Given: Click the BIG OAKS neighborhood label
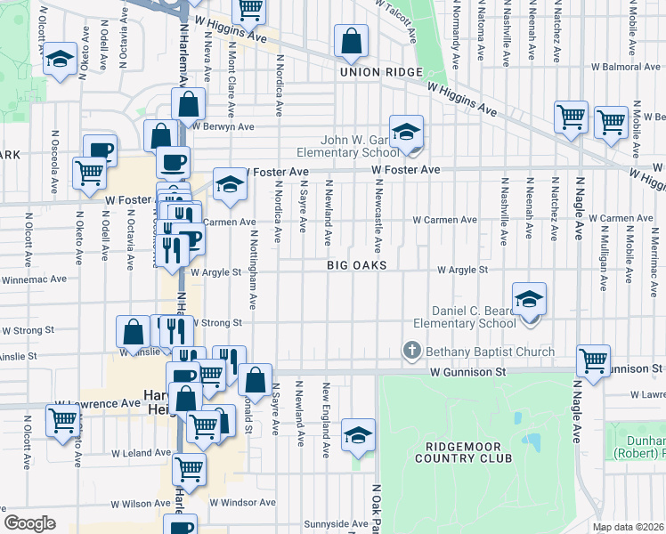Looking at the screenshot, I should (356, 266).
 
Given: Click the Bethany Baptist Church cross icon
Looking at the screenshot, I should (411, 352).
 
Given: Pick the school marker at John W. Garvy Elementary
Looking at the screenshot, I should (406, 133).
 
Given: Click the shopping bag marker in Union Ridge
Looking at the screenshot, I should (352, 41).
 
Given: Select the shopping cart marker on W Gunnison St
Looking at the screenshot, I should (593, 361).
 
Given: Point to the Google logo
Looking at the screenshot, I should (30, 523).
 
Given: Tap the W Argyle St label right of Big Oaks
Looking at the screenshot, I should (462, 270).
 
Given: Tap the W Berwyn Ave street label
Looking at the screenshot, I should (223, 126).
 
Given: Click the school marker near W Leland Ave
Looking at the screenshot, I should (358, 435).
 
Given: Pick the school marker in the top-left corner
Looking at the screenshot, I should (60, 60).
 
